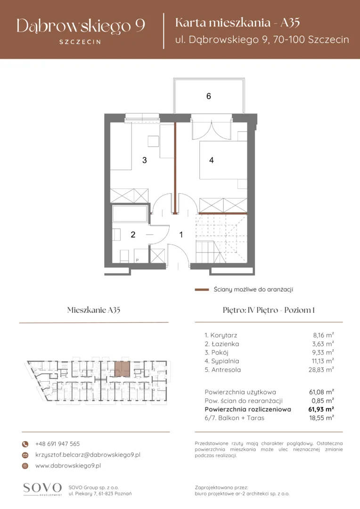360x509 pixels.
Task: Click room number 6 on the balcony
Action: pyautogui.click(x=208, y=96)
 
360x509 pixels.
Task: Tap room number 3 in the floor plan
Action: pyautogui.click(x=145, y=160)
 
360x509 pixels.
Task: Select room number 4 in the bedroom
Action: pyautogui.click(x=211, y=160)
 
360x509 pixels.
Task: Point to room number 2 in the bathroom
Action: pyautogui.click(x=133, y=234)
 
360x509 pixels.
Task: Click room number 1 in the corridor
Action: pyautogui.click(x=181, y=234)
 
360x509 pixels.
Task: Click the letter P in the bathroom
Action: pyautogui.click(x=137, y=260)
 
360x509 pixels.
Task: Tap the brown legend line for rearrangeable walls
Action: pyautogui.click(x=202, y=289)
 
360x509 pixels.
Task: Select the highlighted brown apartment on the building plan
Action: pyautogui.click(x=123, y=369)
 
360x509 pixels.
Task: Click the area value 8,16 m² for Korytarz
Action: pyautogui.click(x=323, y=336)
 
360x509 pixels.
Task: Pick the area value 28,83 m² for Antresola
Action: pyautogui.click(x=321, y=370)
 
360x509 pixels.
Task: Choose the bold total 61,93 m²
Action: pyautogui.click(x=321, y=410)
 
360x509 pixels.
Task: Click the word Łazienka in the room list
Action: pyautogui.click(x=225, y=344)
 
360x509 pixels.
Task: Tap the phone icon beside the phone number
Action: pyautogui.click(x=25, y=444)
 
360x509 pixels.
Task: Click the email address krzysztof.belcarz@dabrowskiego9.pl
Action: pyautogui.click(x=88, y=455)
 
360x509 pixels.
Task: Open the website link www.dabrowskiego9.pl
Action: pyautogui.click(x=68, y=466)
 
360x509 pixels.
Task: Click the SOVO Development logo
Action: pyautogui.click(x=42, y=489)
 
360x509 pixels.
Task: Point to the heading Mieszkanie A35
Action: pyautogui.click(x=94, y=310)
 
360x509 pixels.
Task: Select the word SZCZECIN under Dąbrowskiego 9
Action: pyautogui.click(x=80, y=42)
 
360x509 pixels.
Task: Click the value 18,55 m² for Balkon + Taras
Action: pyautogui.click(x=321, y=418)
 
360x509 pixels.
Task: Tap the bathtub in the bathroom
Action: pyautogui.click(x=130, y=213)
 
